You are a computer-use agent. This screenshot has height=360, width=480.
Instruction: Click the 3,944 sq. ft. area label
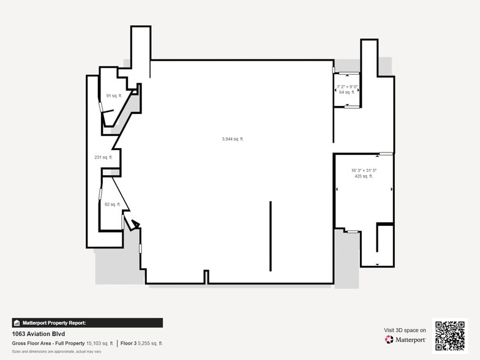tap(233, 139)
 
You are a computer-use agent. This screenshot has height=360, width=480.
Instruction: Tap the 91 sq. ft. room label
tap(113, 96)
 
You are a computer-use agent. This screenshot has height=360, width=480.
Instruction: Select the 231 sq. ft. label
tap(103, 157)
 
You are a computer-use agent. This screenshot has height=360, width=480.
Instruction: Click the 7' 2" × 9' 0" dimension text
tap(347, 86)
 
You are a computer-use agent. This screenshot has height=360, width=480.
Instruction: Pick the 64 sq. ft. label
tap(347, 92)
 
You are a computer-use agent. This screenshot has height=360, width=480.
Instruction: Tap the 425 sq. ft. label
tap(363, 176)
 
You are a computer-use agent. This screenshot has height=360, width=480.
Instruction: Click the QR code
tap(449, 335)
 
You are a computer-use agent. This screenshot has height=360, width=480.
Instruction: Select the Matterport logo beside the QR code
tap(405, 339)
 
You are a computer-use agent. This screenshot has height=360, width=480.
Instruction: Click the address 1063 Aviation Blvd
tap(39, 334)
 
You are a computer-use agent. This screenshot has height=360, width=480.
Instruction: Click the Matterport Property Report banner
tap(87, 323)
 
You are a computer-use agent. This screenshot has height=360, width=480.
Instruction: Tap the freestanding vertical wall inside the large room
tap(271, 236)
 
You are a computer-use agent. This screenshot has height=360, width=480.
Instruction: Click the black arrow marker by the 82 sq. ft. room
tap(135, 224)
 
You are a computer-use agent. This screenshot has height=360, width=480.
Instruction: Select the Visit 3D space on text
tap(405, 330)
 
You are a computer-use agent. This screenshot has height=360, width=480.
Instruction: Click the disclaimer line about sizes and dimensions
tap(57, 351)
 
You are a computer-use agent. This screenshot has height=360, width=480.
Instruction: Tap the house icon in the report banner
tap(17, 323)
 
